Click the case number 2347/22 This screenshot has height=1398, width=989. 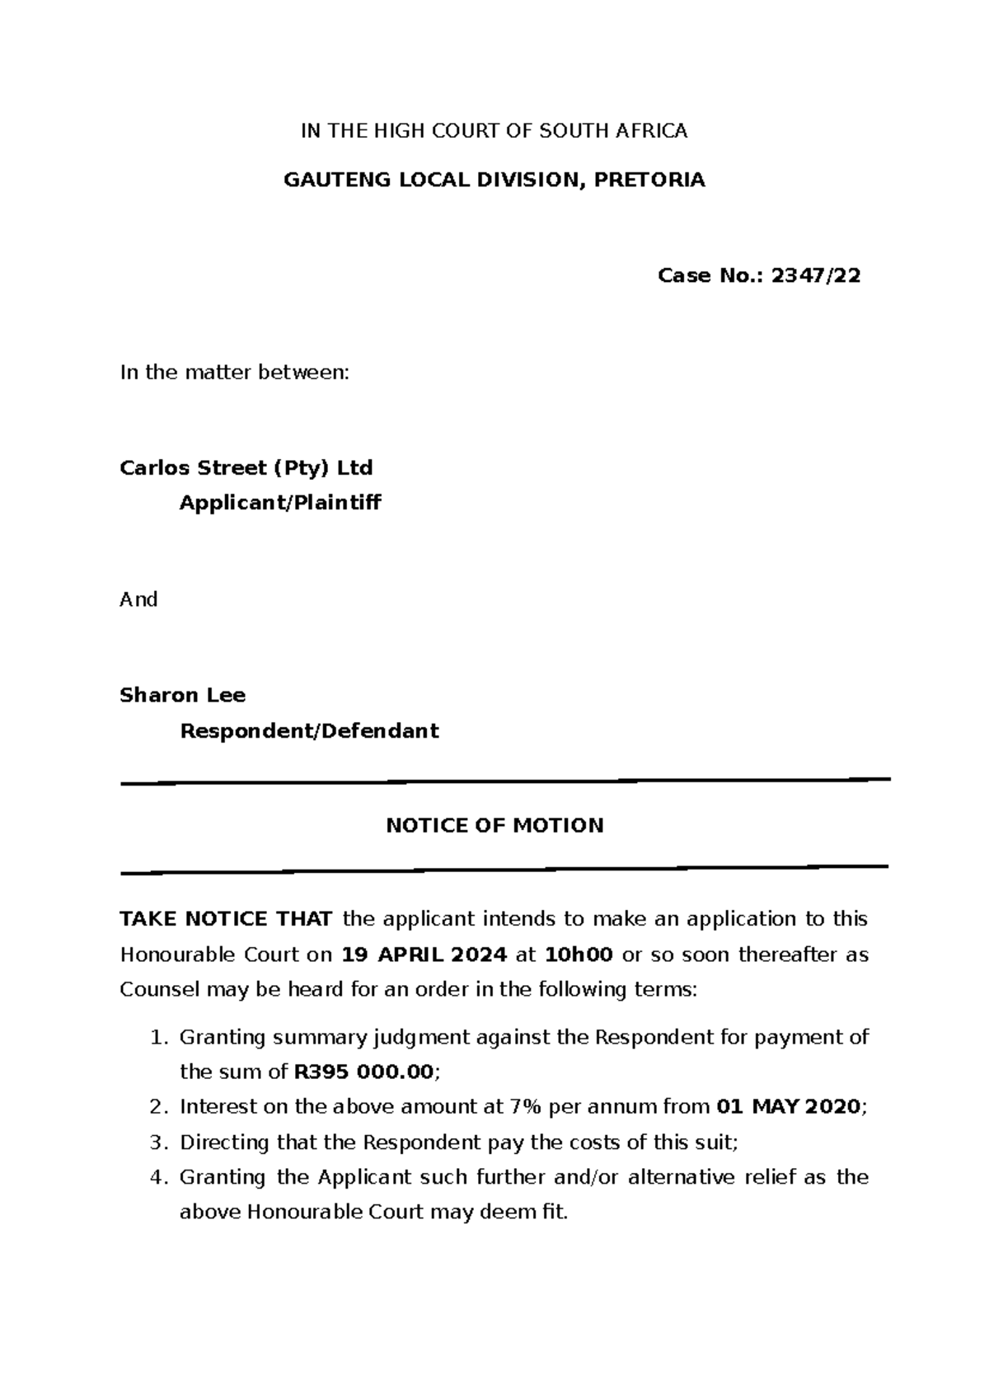click(815, 276)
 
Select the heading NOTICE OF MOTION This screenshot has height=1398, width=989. click(494, 826)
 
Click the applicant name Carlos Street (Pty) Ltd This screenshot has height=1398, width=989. click(246, 468)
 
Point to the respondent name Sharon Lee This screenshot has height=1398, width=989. click(182, 696)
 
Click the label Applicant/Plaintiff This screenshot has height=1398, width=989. click(280, 503)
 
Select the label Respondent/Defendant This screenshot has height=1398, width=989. click(309, 731)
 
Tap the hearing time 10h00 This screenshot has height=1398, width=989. click(579, 955)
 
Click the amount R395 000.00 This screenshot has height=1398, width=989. click(363, 1072)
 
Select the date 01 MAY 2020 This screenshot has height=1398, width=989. click(790, 1107)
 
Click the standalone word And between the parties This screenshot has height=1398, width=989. click(138, 599)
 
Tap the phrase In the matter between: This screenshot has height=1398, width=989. click(235, 373)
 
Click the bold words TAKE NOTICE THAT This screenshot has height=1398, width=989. click(226, 919)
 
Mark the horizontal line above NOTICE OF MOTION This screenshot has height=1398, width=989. click(505, 781)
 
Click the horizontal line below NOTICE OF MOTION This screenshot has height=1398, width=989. click(504, 870)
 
